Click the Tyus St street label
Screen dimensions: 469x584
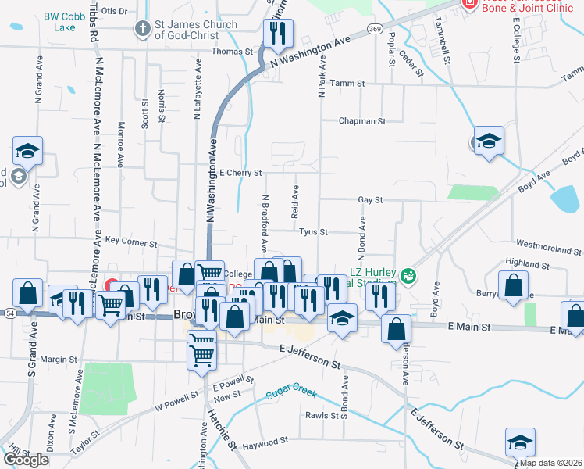coord(312,232)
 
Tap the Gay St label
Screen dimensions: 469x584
coord(369,200)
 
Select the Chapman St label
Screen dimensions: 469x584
coord(361,121)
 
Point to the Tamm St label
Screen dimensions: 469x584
coord(347,83)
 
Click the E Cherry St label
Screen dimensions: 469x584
coord(240,173)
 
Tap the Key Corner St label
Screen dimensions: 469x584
coord(130,242)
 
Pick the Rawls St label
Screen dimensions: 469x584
coord(322,415)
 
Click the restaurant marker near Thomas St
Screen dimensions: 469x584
coord(276,33)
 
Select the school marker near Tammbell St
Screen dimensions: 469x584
coord(490,141)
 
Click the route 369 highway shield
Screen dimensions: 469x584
coord(376,29)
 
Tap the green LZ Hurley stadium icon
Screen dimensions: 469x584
coord(407,276)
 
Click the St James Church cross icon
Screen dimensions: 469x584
coord(142,30)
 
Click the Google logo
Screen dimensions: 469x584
coord(26,460)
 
